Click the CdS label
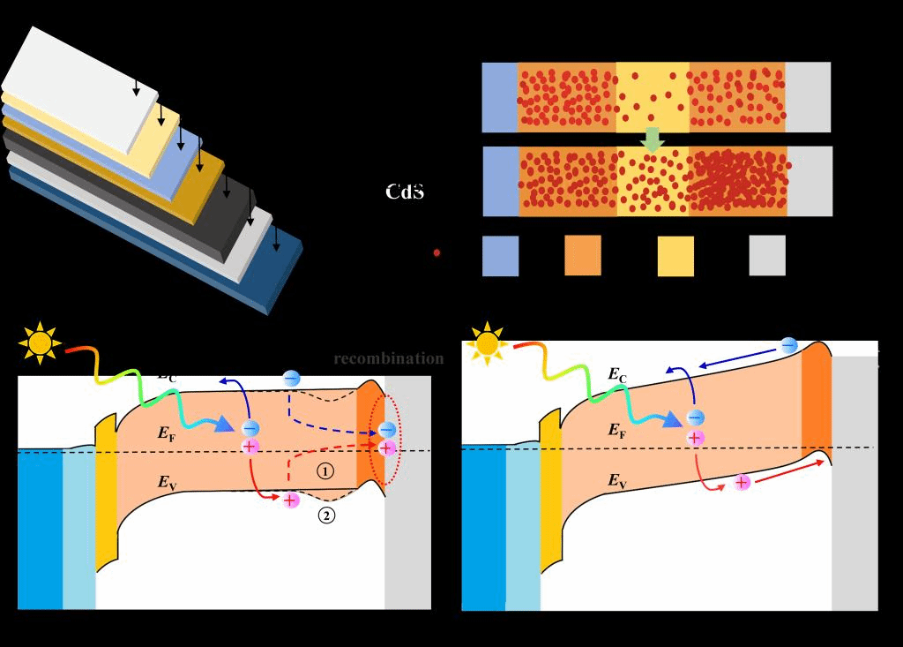tap(405, 192)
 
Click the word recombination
tap(389, 358)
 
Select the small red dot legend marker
tap(437, 253)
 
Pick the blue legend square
tap(500, 256)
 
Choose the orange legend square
tap(582, 256)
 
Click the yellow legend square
tap(675, 256)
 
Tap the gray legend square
tap(766, 256)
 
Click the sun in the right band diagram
tap(487, 343)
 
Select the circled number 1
tap(325, 471)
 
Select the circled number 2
tap(326, 516)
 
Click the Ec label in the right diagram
tap(617, 375)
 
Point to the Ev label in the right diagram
tap(617, 480)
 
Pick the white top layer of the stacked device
tap(79, 84)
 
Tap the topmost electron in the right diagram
tap(788, 345)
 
